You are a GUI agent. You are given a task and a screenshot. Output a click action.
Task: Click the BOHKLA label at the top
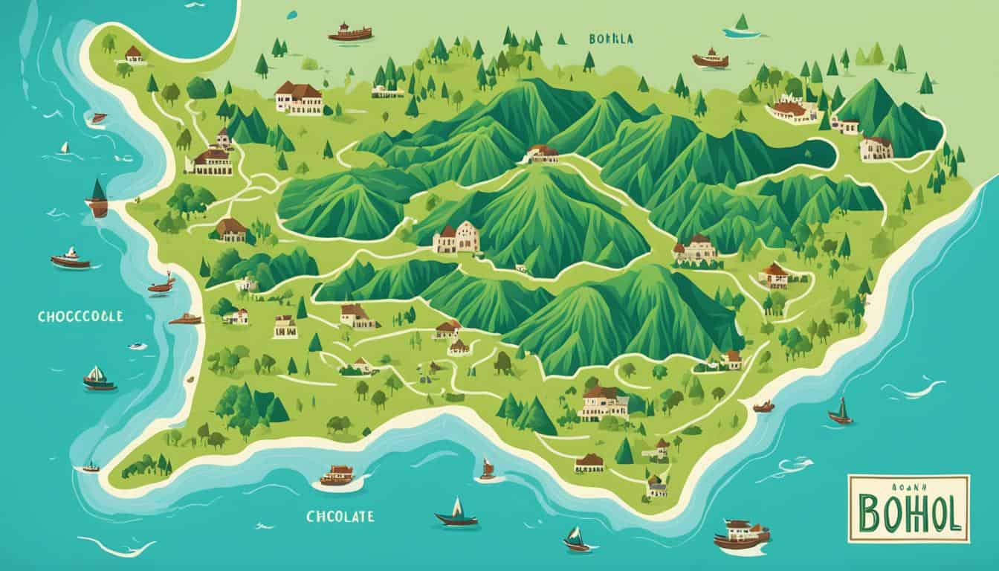610,39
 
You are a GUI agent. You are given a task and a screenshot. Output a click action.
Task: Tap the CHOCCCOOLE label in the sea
80,316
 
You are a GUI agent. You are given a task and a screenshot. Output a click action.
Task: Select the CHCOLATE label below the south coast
340,516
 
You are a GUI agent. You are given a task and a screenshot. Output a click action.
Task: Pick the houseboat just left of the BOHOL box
741,534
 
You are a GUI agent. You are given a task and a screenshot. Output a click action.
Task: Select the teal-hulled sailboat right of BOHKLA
740,26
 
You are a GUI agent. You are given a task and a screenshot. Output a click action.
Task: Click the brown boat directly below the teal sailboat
710,59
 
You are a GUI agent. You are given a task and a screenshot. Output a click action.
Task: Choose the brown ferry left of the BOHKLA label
349,32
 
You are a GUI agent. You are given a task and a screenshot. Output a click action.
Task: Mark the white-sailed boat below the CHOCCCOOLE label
98,378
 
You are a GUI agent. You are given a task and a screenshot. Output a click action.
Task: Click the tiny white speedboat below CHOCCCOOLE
137,346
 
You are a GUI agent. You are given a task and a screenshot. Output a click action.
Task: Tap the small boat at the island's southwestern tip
91,468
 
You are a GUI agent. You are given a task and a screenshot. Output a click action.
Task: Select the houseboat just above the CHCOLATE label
337,476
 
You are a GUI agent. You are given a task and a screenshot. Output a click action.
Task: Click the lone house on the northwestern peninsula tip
133,54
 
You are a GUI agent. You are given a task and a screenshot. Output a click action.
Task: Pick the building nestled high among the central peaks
542,153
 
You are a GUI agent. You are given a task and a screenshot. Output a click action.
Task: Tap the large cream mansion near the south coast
603,403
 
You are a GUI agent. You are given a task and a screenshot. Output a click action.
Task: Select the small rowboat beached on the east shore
763,407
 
